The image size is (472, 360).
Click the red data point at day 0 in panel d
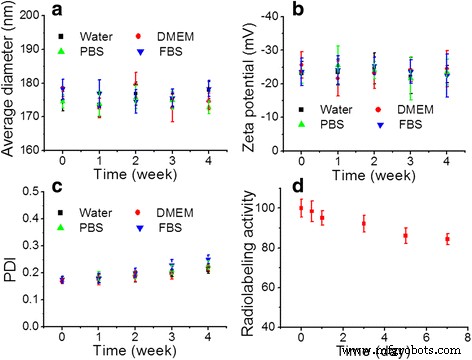click(x=301, y=208)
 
